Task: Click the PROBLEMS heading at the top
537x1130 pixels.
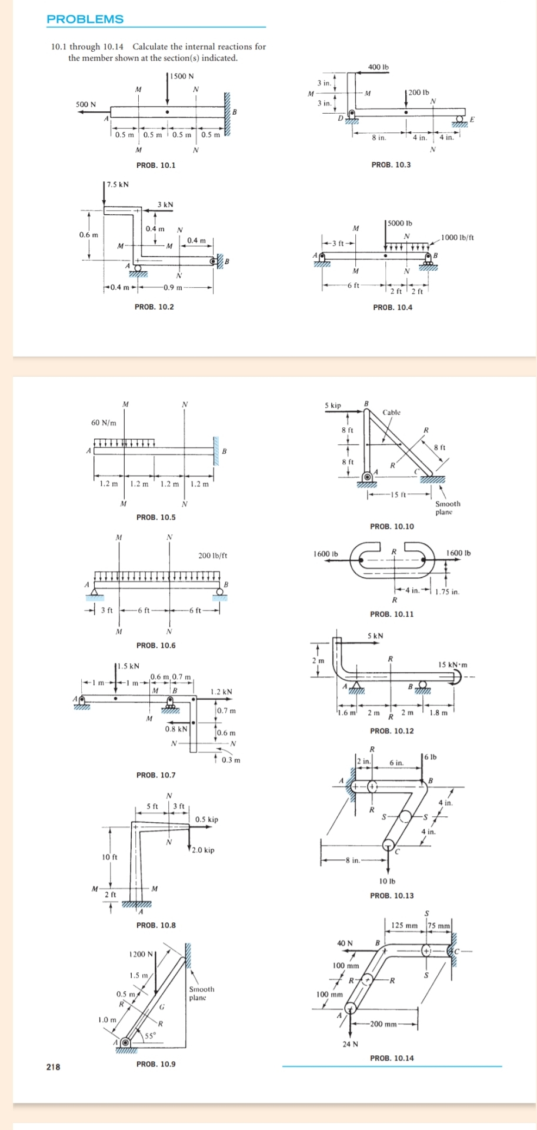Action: [x=85, y=19]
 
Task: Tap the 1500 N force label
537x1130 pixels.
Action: [x=182, y=76]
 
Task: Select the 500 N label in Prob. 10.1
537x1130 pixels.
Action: [x=86, y=104]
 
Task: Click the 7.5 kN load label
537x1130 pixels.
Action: [x=116, y=184]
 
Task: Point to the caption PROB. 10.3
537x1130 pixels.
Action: [x=391, y=165]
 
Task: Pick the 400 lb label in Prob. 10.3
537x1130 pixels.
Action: [x=378, y=67]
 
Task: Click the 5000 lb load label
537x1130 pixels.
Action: [x=400, y=223]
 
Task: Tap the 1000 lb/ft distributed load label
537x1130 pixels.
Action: [x=458, y=237]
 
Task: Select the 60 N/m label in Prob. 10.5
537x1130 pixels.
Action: [x=104, y=423]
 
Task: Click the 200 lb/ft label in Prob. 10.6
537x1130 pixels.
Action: [x=213, y=556]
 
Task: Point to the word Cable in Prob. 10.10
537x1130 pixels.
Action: [x=391, y=413]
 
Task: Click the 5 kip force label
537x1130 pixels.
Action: [x=333, y=406]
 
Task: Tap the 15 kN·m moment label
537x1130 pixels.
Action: [x=453, y=665]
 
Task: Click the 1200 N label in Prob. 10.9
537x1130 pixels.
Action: [x=141, y=954]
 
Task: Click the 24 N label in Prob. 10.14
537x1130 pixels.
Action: [x=351, y=1044]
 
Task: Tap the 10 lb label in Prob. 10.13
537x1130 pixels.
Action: [x=387, y=881]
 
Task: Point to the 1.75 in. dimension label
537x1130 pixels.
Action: [x=448, y=592]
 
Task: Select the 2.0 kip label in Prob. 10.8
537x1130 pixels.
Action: [x=204, y=850]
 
